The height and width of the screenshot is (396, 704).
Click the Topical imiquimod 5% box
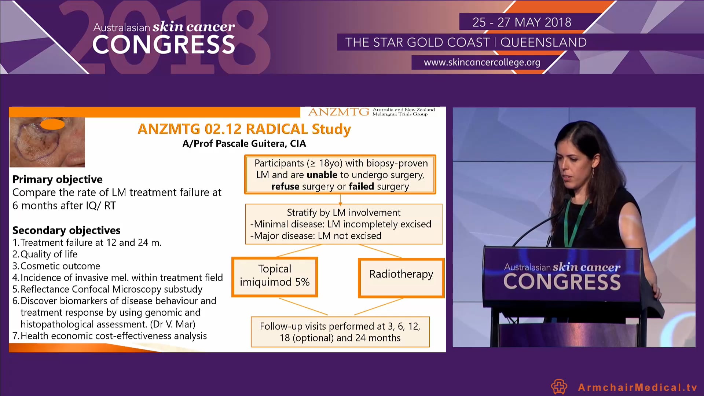coord(275,276)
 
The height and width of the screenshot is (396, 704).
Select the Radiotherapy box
coord(401,278)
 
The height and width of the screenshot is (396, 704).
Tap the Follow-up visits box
coord(340,332)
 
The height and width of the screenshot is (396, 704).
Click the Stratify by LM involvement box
coord(344,224)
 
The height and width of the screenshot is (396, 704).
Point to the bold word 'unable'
coord(322,175)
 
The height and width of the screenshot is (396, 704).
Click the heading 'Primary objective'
coord(58,179)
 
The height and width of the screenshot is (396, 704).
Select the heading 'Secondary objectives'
coord(66,230)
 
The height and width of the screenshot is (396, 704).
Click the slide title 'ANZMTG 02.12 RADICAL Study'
coord(244,129)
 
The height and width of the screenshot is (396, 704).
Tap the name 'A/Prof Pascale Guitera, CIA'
coord(244,144)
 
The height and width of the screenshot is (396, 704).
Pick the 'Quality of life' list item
coord(49,254)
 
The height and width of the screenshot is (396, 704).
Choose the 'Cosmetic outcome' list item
coord(60,266)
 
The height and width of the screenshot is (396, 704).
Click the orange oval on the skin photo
coord(52,124)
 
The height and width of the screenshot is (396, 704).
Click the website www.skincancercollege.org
coord(482,62)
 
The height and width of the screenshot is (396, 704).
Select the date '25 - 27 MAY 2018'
coord(521,22)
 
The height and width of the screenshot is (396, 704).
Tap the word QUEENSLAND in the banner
coord(543,43)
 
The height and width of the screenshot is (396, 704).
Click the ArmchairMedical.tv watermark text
coord(637,387)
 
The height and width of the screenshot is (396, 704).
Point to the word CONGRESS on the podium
coord(562,282)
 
